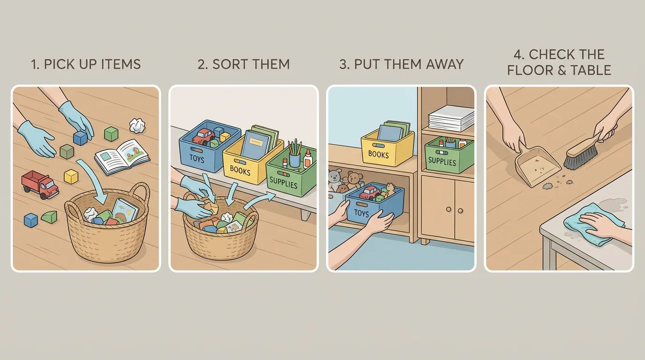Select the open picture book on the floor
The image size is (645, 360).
click(x=122, y=156)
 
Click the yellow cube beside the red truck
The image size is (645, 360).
click(x=71, y=176)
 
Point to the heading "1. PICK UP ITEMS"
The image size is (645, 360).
click(x=86, y=64)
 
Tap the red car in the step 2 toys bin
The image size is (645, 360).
click(x=203, y=136)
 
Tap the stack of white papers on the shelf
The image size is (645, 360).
click(x=451, y=118)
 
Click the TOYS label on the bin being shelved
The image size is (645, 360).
click(x=361, y=213)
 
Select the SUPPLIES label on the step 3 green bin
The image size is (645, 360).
click(x=442, y=162)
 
